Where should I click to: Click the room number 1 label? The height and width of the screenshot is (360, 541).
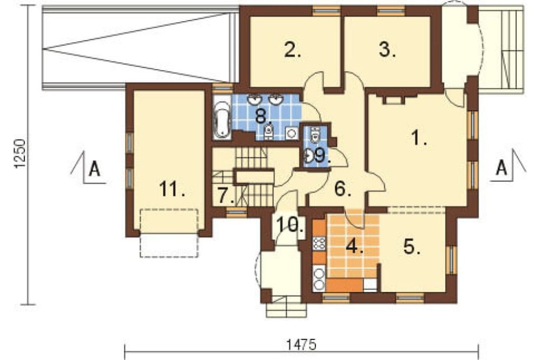419,138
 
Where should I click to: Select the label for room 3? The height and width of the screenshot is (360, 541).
387,50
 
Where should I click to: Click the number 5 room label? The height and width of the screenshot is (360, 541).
412,246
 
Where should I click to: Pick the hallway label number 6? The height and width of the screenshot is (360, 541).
342,189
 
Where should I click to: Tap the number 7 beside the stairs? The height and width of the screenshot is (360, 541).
226,195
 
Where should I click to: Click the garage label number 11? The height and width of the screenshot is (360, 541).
172,189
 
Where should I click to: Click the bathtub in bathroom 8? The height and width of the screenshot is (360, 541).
222,118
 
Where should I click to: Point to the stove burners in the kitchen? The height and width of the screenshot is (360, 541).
320,244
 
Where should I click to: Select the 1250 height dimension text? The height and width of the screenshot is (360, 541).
20,154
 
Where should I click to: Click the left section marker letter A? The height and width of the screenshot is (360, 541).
94,169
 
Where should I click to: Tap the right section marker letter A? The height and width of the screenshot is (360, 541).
502,168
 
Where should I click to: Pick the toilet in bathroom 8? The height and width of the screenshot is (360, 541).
268,131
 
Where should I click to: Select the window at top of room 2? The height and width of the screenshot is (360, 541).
326,11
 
